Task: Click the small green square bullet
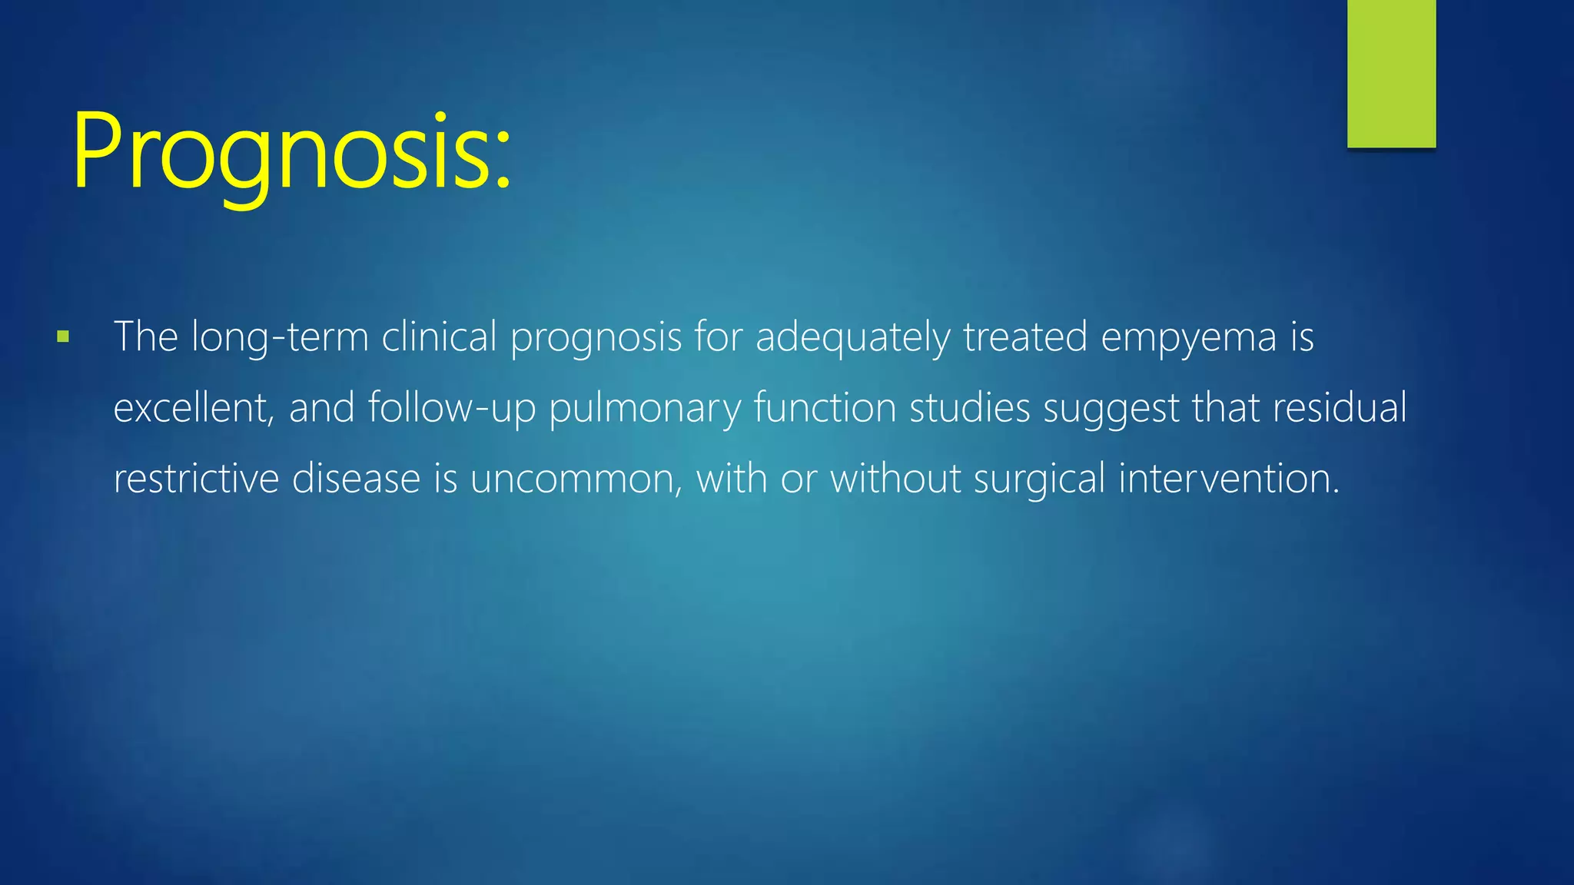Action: pyautogui.click(x=63, y=336)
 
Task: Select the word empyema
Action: pyautogui.click(x=1188, y=338)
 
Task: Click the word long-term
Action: pyautogui.click(x=280, y=338)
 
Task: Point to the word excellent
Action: pyautogui.click(x=192, y=408)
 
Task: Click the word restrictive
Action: pyautogui.click(x=196, y=479)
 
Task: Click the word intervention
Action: pyautogui.click(x=1228, y=479)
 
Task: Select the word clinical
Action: pyautogui.click(x=439, y=337)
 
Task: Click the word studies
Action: pyautogui.click(x=969, y=408)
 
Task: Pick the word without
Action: pyautogui.click(x=895, y=479)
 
